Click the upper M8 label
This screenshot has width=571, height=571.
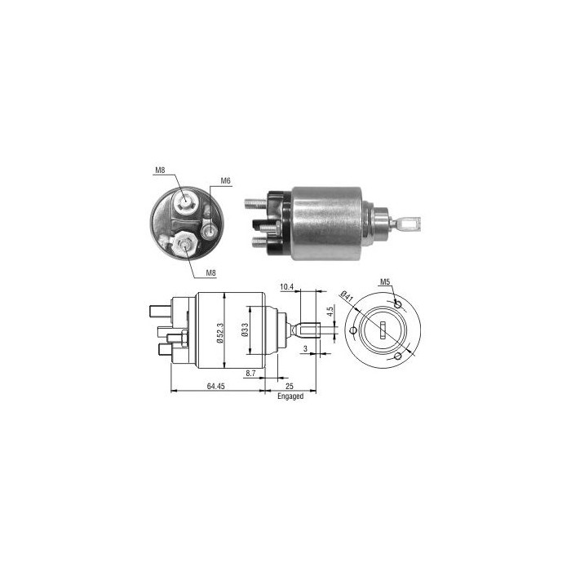(161, 171)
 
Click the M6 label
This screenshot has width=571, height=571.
(226, 182)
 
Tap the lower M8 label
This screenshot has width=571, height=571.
(210, 272)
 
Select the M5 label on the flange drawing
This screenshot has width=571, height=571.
(386, 283)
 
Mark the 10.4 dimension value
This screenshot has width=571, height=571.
(286, 288)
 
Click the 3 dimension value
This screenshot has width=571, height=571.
(306, 348)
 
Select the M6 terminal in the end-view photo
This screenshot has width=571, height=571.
(210, 231)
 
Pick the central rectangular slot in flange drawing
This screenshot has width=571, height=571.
(383, 330)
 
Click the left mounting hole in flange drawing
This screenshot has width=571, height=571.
(352, 330)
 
